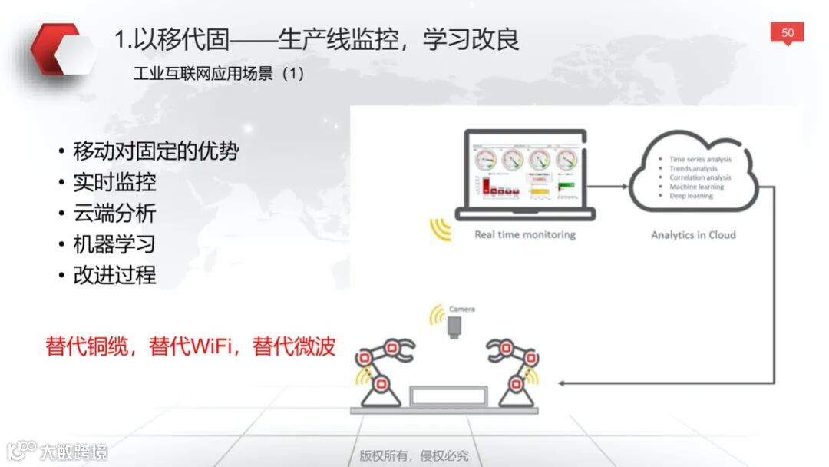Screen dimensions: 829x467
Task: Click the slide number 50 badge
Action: click(x=788, y=33)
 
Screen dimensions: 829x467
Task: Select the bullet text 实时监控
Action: click(x=114, y=182)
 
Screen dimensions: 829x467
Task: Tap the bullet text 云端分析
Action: click(x=114, y=213)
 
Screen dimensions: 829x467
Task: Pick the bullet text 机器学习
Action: click(x=114, y=244)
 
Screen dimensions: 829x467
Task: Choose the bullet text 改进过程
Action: click(x=114, y=275)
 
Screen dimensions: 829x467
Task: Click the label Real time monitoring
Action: click(x=525, y=234)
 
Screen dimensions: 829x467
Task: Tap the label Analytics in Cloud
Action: click(x=693, y=235)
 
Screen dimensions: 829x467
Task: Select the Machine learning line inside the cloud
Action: click(x=696, y=187)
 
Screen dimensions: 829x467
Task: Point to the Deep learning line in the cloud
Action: click(x=691, y=196)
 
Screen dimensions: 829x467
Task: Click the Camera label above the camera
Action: click(x=461, y=309)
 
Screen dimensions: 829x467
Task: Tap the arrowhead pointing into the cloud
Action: click(x=624, y=185)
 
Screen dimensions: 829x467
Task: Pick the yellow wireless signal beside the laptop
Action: click(x=441, y=229)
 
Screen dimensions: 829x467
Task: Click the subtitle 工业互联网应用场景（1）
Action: click(x=219, y=75)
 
